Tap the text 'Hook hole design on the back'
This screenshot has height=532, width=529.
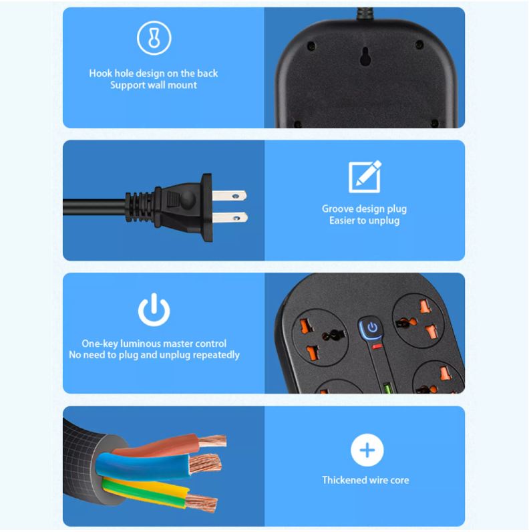click(154, 74)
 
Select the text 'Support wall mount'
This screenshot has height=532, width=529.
click(154, 86)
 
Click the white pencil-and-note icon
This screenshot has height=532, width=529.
click(365, 176)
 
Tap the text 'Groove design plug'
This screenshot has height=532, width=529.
click(364, 209)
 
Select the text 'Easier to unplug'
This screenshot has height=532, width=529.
click(364, 221)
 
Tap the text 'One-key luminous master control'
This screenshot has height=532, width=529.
click(154, 344)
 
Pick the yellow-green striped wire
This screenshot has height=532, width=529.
click(154, 491)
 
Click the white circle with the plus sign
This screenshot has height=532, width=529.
click(367, 450)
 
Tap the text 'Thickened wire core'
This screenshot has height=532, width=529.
click(365, 480)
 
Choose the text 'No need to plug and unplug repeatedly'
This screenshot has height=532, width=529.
click(154, 356)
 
